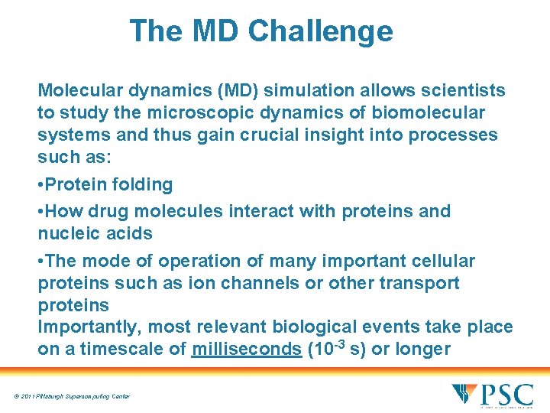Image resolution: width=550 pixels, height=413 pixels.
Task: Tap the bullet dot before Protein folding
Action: [x=41, y=185]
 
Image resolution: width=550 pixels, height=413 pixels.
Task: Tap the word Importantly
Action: [x=89, y=327]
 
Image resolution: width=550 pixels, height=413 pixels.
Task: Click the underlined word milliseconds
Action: [x=247, y=349]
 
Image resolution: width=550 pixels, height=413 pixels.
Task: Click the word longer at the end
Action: [x=422, y=349]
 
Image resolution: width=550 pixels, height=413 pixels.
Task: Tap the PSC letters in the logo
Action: [x=506, y=395]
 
